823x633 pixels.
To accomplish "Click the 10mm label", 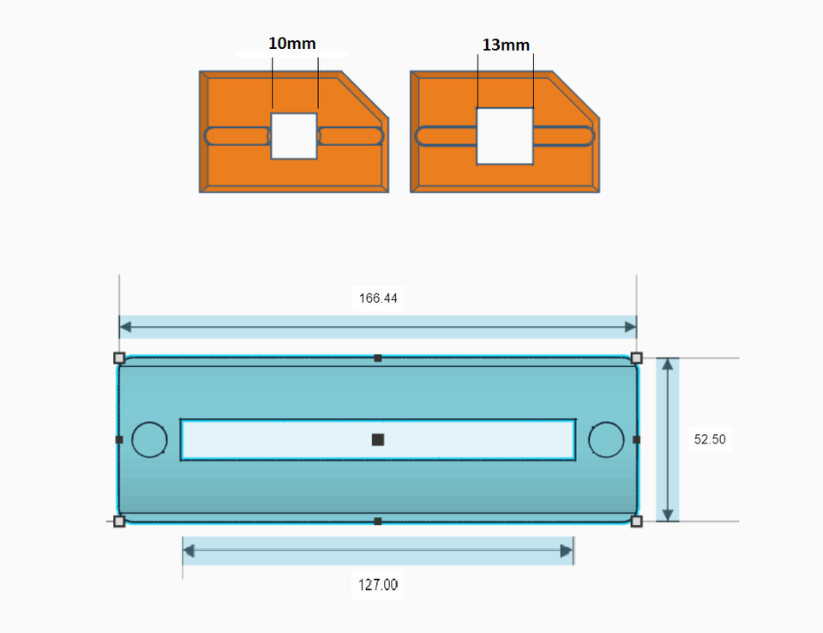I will pyautogui.click(x=291, y=44).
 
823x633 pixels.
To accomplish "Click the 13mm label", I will pyautogui.click(x=506, y=45).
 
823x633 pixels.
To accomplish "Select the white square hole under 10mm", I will pyautogui.click(x=294, y=136).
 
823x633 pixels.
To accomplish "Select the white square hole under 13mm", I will pyautogui.click(x=505, y=136).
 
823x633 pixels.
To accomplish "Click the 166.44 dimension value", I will pyautogui.click(x=378, y=298).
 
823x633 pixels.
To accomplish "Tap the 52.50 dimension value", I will pyautogui.click(x=709, y=439).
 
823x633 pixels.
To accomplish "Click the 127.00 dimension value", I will pyautogui.click(x=377, y=585).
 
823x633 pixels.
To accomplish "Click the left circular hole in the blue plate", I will pyautogui.click(x=149, y=439).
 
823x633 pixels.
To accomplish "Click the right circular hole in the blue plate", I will pyautogui.click(x=606, y=439).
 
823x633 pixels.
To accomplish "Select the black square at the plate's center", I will pyautogui.click(x=377, y=439).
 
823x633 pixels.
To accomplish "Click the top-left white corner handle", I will pyautogui.click(x=119, y=358).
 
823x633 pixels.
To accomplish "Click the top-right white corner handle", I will pyautogui.click(x=637, y=358).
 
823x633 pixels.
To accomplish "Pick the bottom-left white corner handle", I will pyautogui.click(x=119, y=521).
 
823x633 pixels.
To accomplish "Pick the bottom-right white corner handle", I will pyautogui.click(x=637, y=521).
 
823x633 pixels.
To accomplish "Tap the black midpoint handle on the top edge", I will pyautogui.click(x=377, y=358).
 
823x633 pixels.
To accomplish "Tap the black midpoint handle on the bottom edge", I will pyautogui.click(x=377, y=521).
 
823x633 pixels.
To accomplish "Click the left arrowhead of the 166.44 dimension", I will pyautogui.click(x=126, y=326).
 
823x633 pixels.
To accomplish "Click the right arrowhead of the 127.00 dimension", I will pyautogui.click(x=566, y=551).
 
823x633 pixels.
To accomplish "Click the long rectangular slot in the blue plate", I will pyautogui.click(x=283, y=439).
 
